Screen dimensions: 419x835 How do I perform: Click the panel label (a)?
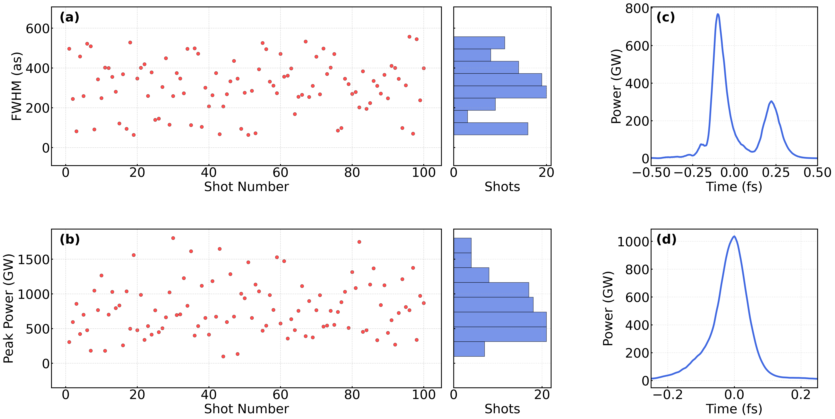coord(69,17)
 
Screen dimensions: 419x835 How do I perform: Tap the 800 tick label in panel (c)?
coord(637,8)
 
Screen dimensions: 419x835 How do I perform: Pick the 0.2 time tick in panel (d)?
coord(801,394)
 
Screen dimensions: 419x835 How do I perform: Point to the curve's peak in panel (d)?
coord(734,236)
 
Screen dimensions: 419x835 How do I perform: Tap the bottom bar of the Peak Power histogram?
coord(469,349)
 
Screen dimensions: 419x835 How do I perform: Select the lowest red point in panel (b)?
coord(223,356)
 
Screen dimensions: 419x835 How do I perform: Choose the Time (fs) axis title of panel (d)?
coord(734,409)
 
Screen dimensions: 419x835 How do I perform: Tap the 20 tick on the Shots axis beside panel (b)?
coord(542,394)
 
